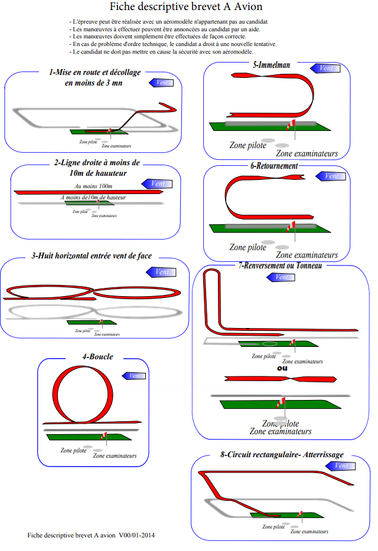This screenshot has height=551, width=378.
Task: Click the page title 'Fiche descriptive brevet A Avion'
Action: pos(186,7)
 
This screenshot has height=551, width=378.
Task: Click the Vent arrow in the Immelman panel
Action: pos(323,68)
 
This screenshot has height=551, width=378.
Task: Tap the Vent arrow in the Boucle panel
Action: pos(133,376)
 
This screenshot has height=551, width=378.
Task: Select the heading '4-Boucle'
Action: pos(97,357)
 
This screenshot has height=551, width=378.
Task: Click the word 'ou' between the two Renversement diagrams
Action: pos(282,368)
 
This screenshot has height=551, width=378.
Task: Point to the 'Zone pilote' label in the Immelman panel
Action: pos(247,145)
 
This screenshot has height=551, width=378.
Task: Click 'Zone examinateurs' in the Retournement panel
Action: pos(307,255)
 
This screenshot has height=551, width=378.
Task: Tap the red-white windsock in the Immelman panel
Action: pos(290,125)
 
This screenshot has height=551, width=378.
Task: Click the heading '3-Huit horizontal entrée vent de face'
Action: pos(93,256)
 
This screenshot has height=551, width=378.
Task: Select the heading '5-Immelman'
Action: pos(271,64)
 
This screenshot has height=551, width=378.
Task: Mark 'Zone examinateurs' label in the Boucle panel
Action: pos(115,455)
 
